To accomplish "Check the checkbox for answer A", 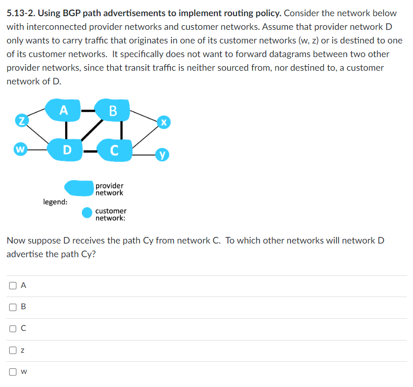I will pos(12,285).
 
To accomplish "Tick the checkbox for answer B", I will pos(12,307).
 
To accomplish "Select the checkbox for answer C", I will pos(12,329).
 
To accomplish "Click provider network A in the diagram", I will pos(63,110).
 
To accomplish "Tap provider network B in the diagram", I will pos(113,110).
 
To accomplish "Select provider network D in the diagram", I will pos(66,150).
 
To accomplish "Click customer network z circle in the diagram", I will pos(21,120).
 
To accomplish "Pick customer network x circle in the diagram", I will pos(163,121).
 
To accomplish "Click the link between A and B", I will pos(88,110).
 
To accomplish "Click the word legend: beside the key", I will pos(55,202).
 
